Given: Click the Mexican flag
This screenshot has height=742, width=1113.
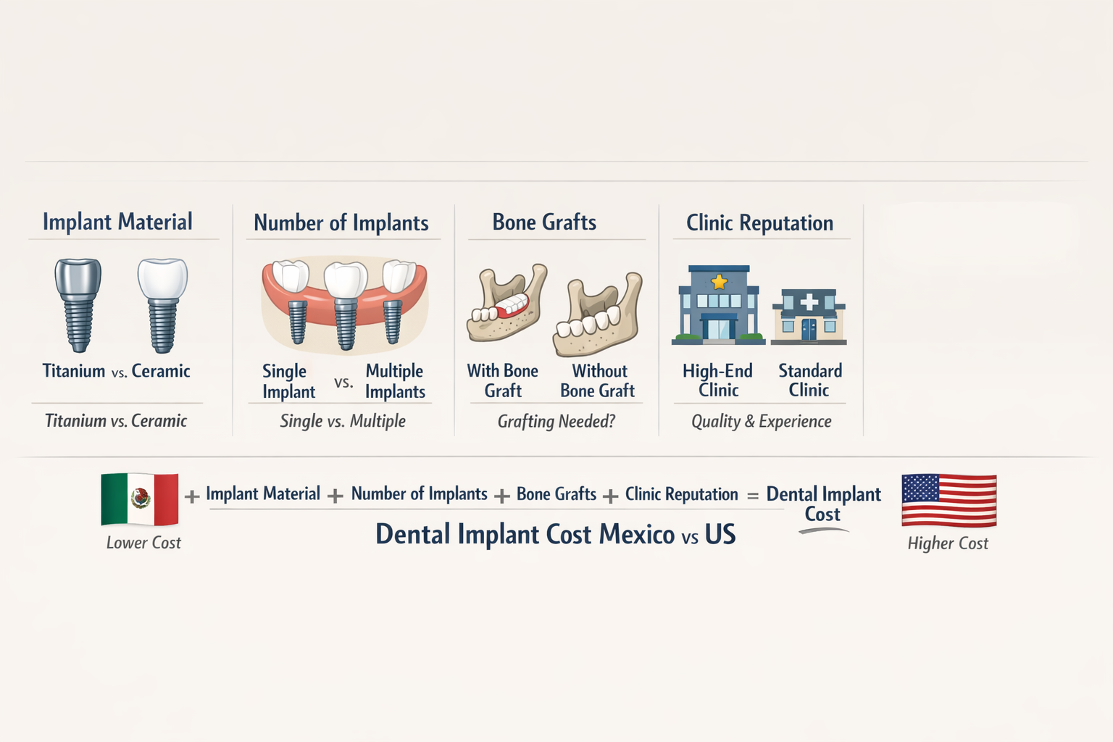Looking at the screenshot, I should pyautogui.click(x=140, y=499).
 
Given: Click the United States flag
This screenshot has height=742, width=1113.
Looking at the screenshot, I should pyautogui.click(x=949, y=500).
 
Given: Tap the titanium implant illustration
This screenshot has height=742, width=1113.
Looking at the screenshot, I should pyautogui.click(x=78, y=304).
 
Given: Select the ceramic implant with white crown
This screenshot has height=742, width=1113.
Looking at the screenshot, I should pyautogui.click(x=163, y=304).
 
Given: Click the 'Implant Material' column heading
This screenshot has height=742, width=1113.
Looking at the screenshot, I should pyautogui.click(x=117, y=222).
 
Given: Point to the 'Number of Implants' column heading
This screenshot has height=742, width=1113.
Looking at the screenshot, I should pyautogui.click(x=341, y=223).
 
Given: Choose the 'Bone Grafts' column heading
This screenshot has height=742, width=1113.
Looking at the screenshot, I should pyautogui.click(x=544, y=222).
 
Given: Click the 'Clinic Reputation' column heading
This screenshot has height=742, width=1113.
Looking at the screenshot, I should pyautogui.click(x=759, y=223).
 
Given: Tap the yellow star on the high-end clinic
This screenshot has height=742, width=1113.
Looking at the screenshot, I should pyautogui.click(x=719, y=281).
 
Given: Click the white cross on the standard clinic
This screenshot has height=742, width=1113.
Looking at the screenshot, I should pyautogui.click(x=809, y=301).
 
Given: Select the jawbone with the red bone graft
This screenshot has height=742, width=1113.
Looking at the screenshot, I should pyautogui.click(x=507, y=304).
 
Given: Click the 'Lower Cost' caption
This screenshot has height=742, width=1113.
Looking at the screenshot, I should pyautogui.click(x=143, y=543).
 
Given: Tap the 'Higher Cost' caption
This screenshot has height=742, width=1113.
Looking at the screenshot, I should pyautogui.click(x=948, y=543).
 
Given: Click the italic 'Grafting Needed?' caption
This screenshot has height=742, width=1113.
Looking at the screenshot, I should pyautogui.click(x=556, y=421).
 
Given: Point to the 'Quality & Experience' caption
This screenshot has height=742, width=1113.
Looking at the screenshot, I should pyautogui.click(x=761, y=421).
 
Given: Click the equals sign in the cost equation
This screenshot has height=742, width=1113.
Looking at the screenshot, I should pyautogui.click(x=753, y=496).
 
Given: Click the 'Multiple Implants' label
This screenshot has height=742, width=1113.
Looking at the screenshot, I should pyautogui.click(x=395, y=381).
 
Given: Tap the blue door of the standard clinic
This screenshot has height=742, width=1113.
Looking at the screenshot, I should pyautogui.click(x=809, y=330).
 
